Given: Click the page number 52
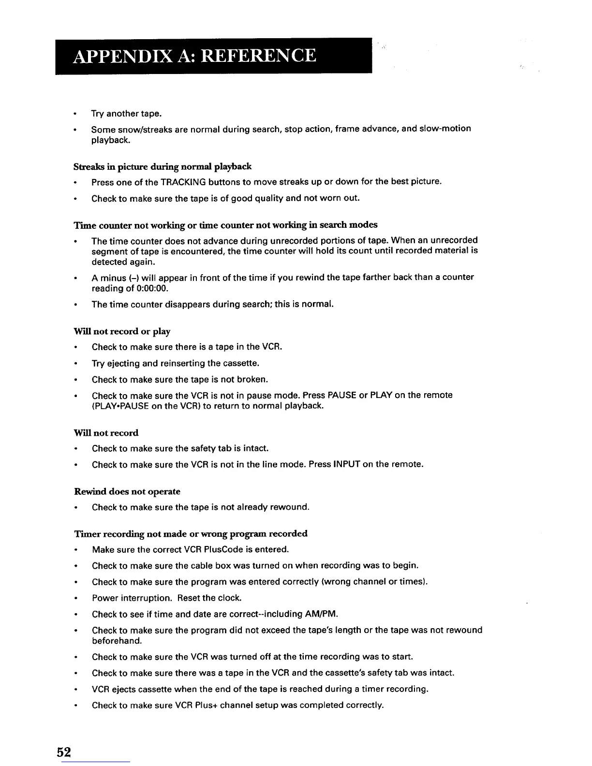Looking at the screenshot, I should click(x=64, y=752).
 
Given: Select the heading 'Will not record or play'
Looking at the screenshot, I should click(x=122, y=332).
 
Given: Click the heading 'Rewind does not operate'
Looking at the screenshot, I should click(x=127, y=492).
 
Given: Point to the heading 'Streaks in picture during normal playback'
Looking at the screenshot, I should click(x=163, y=167).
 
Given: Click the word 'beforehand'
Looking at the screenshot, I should click(x=117, y=641).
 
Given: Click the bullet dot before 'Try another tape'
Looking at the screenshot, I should click(x=75, y=114).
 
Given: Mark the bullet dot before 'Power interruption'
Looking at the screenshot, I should click(x=75, y=599).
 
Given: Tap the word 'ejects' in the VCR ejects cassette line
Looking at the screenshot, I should click(x=124, y=689).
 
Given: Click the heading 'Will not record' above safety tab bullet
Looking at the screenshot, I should click(x=106, y=433).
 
